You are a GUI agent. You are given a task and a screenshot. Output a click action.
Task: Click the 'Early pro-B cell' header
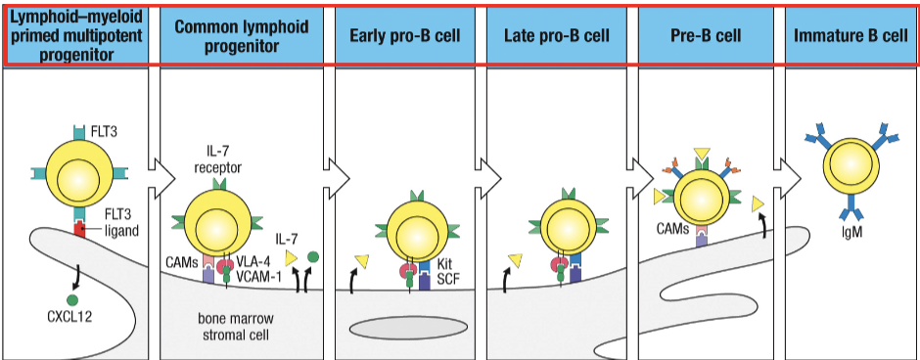pyautogui.click(x=404, y=36)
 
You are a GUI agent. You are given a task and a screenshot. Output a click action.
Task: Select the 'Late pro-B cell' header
pyautogui.click(x=557, y=36)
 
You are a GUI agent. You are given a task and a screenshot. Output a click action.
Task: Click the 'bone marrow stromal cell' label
pyautogui.click(x=242, y=327)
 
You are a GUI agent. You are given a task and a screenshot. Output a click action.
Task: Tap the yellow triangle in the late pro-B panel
pyautogui.click(x=514, y=260)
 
